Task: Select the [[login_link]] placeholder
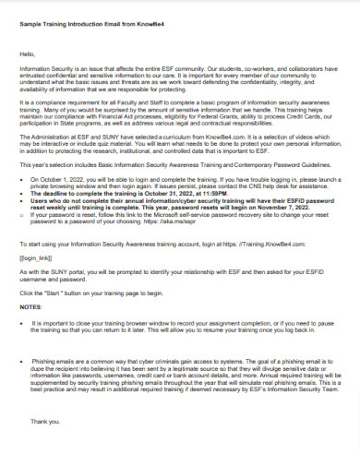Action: click(36, 257)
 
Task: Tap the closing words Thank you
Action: click(45, 421)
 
